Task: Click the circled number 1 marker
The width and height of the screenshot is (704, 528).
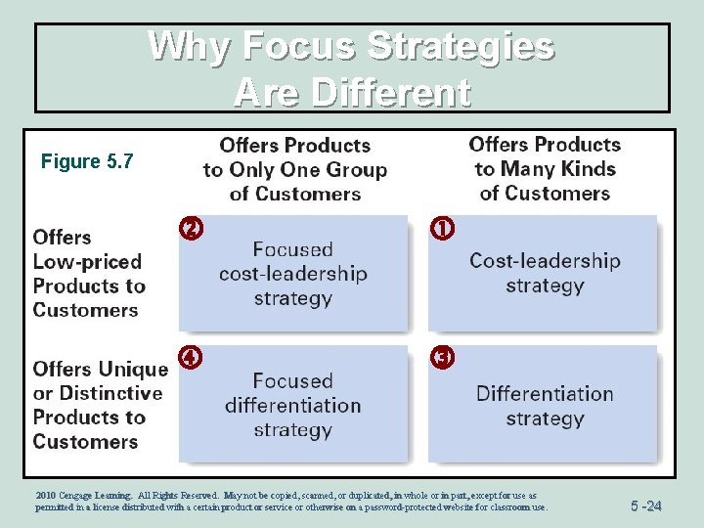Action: tap(442, 230)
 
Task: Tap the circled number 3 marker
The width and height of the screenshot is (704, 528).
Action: tap(442, 358)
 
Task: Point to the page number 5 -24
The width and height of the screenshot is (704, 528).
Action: tap(645, 506)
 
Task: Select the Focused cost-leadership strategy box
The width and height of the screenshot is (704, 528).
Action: tap(292, 273)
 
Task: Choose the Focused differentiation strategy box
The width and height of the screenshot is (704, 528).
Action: tap(292, 404)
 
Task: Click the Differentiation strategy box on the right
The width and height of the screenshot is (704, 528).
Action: tap(545, 405)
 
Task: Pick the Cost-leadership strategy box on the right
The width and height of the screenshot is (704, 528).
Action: tap(545, 273)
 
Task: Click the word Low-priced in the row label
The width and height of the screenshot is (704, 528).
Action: tap(87, 261)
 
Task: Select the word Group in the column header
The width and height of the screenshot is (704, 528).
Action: tap(354, 169)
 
